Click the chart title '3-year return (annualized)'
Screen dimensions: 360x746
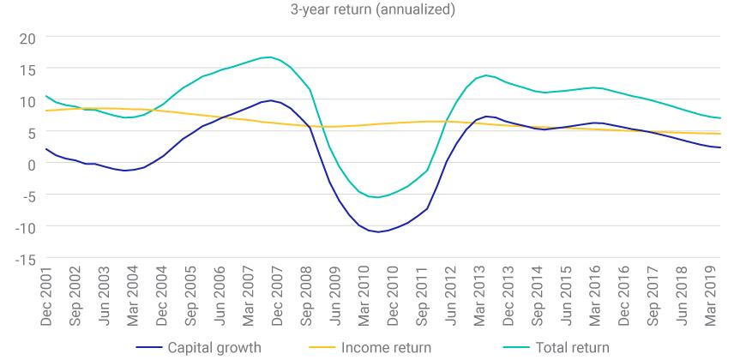(372, 10)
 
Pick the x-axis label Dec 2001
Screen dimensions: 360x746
(46, 297)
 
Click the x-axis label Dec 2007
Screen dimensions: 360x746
(280, 297)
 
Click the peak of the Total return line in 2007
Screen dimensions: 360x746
(271, 57)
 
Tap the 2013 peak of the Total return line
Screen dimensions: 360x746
(486, 75)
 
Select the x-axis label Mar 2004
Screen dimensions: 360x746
(133, 297)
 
